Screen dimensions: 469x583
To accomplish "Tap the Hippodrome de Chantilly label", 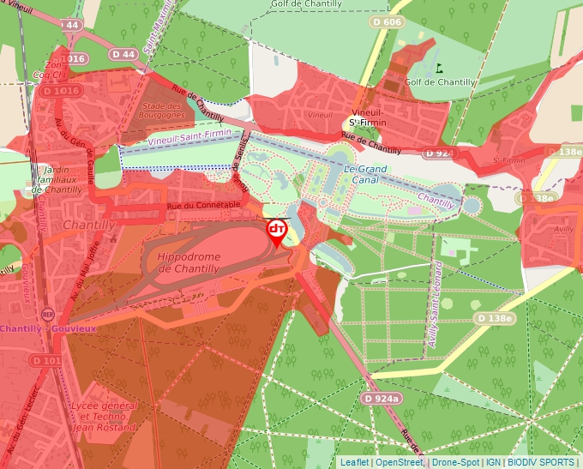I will [x=189, y=262].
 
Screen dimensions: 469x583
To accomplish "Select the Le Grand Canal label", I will [x=367, y=175].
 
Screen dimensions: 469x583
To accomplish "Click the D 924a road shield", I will [x=381, y=399].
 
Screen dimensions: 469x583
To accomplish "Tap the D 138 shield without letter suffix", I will [x=496, y=319].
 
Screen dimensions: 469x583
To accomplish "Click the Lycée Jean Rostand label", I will [x=105, y=416].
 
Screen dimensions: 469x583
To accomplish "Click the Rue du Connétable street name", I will [x=203, y=206].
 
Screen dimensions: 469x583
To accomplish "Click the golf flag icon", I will [x=439, y=68].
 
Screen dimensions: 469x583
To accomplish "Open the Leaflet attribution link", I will [x=354, y=462].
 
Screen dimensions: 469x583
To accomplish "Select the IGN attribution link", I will [x=494, y=462].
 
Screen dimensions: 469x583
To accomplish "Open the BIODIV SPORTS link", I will [x=541, y=462].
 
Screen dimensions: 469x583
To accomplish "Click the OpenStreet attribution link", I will [x=399, y=462].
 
